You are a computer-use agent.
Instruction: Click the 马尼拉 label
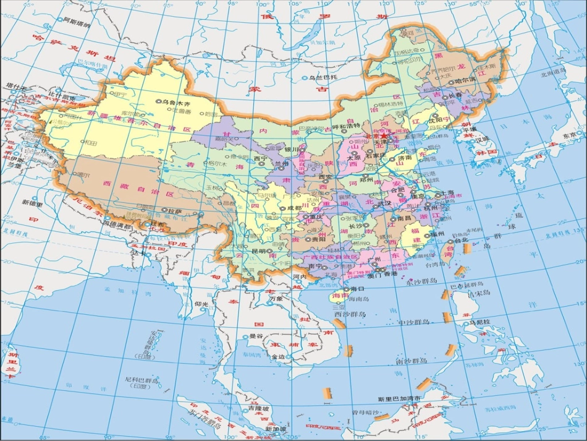pos(479,322)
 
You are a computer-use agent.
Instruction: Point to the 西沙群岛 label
pos(350,314)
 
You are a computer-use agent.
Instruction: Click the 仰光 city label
pos(202,304)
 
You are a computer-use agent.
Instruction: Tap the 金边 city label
pos(277,358)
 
